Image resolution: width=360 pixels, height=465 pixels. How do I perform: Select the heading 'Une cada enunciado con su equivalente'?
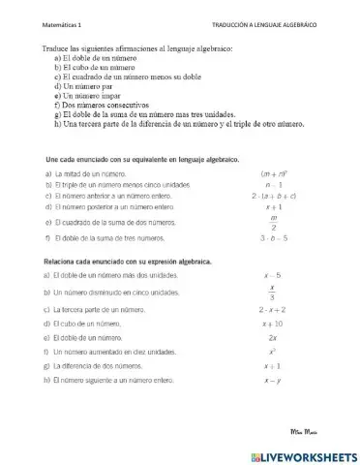pos(142,157)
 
